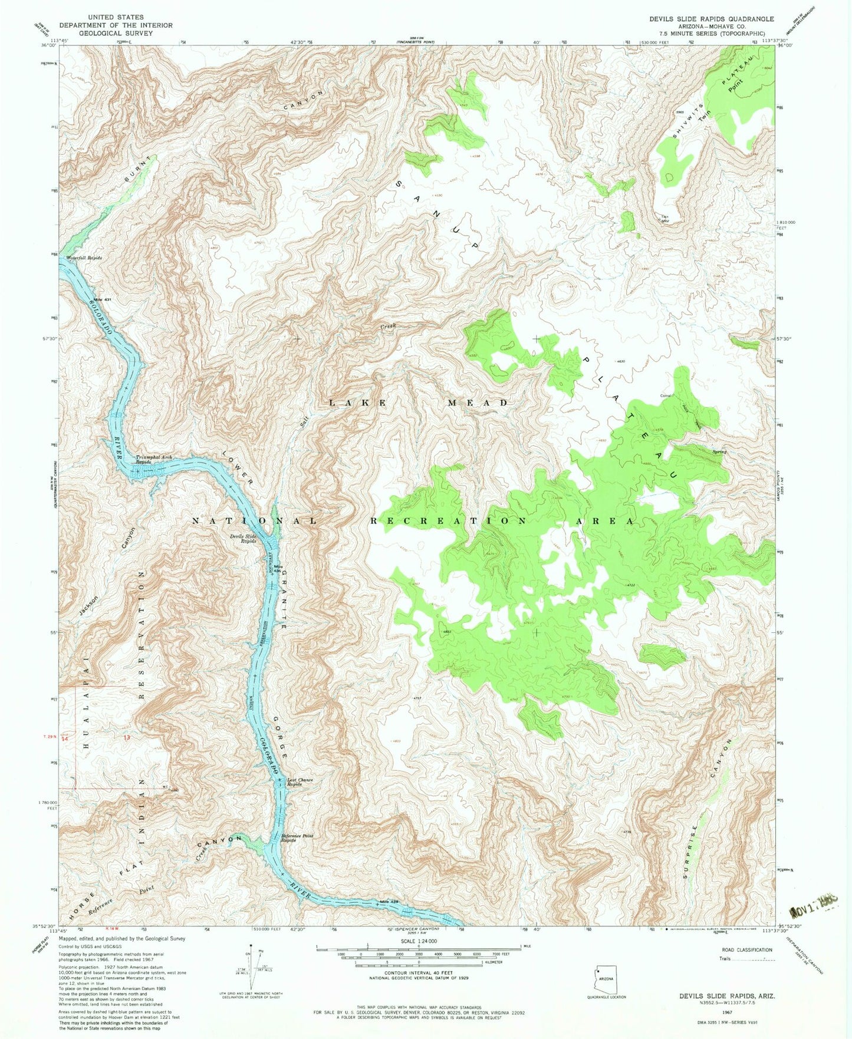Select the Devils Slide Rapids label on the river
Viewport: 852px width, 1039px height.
(x=243, y=538)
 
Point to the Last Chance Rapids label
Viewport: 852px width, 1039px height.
(x=300, y=782)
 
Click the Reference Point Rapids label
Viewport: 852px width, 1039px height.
(x=297, y=838)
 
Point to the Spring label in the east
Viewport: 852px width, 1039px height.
(x=719, y=452)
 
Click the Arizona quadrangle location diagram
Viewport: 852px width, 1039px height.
(x=607, y=981)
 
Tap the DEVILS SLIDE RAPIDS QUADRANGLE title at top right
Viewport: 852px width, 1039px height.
(x=711, y=19)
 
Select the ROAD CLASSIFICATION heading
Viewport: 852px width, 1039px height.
(x=746, y=949)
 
